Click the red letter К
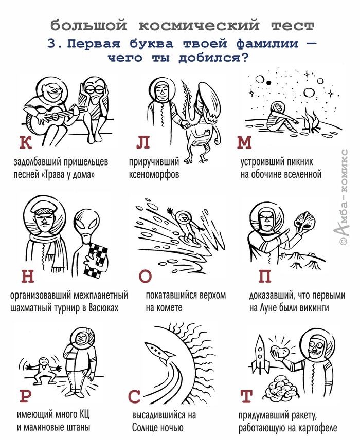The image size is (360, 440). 26,142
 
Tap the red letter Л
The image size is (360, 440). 143,142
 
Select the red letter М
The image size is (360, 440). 244,142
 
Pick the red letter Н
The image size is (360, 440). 28,276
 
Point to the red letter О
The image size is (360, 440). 145,276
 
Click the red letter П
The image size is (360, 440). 265,276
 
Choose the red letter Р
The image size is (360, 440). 26,396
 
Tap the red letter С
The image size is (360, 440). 134,396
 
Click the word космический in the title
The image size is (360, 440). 199,26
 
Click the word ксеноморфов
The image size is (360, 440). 154,175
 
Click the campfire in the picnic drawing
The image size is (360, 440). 312,121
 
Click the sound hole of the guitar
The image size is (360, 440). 55,116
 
